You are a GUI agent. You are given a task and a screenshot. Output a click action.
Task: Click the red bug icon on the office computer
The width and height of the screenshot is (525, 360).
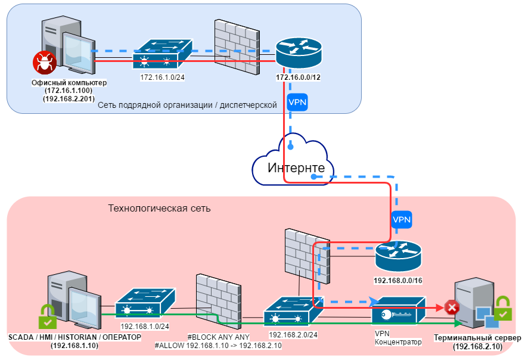44,61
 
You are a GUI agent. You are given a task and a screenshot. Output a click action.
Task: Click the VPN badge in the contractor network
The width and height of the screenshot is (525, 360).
297,102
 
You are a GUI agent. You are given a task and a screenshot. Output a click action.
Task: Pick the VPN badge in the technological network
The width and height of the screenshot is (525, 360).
402,219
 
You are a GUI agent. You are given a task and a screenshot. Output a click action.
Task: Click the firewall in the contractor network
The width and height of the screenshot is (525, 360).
236,46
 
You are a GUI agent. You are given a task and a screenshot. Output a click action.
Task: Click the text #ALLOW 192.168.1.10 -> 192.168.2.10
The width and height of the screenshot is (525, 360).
218,346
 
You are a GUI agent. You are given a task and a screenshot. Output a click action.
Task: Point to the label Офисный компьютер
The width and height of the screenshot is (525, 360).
69,82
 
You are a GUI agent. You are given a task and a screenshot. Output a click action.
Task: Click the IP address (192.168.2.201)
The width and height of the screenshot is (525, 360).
69,98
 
